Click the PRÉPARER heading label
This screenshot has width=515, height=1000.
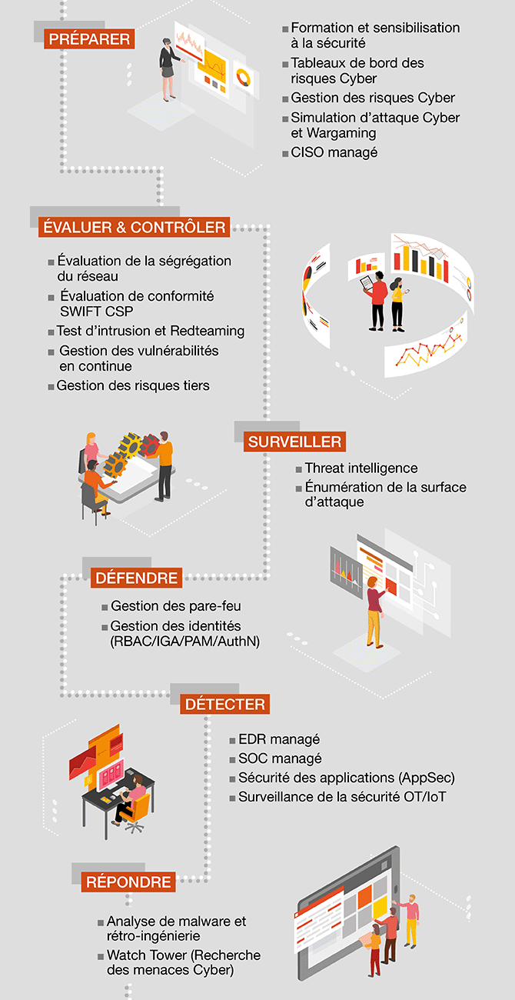[x=89, y=39]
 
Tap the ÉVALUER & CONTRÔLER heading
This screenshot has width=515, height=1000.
[x=135, y=227]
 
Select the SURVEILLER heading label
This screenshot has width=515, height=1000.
[x=294, y=442]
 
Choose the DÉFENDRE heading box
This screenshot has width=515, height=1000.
[x=137, y=578]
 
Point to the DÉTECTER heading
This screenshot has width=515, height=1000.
[x=225, y=704]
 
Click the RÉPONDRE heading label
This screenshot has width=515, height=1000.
[x=128, y=882]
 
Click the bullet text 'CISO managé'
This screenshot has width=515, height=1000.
[x=334, y=152]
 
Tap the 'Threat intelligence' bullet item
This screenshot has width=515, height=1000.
[x=361, y=468]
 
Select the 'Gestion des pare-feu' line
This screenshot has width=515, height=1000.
[x=176, y=606]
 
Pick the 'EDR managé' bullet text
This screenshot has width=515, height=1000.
[x=279, y=739]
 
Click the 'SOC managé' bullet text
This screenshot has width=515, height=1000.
[x=280, y=758]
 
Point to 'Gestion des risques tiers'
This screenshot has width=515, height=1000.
[x=133, y=385]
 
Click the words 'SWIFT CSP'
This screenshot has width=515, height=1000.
[x=96, y=312]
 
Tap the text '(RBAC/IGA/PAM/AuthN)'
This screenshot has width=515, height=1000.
[x=184, y=641]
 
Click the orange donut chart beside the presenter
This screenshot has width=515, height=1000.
[x=243, y=78]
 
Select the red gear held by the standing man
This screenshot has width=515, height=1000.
[x=150, y=445]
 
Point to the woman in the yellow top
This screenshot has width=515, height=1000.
[x=397, y=305]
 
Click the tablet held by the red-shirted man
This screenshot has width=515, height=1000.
[x=366, y=282]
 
